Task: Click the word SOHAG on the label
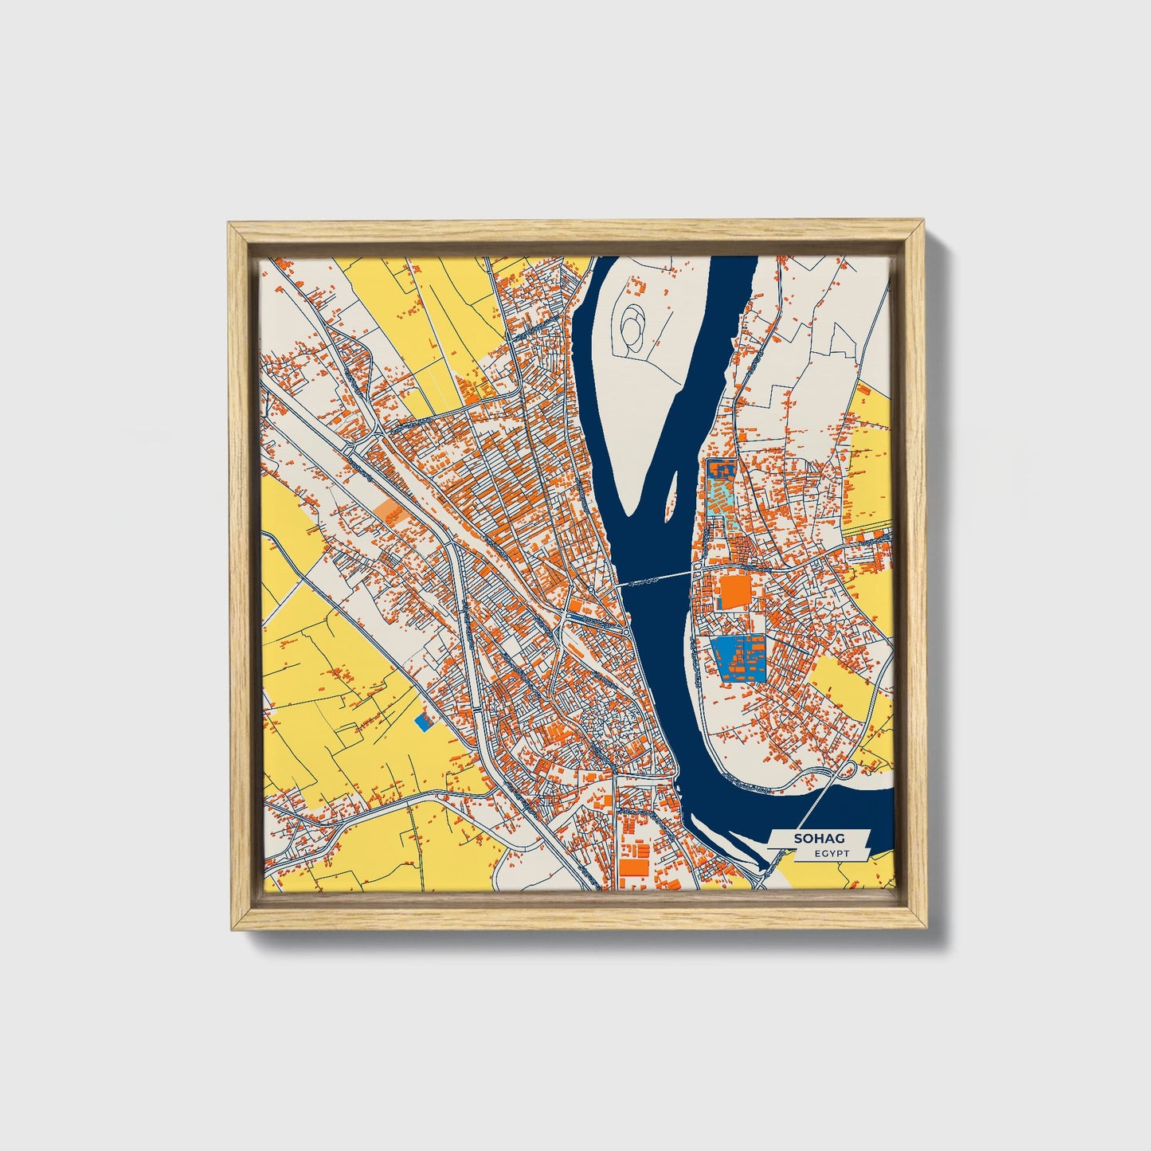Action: point(819,839)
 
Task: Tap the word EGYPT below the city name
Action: point(832,853)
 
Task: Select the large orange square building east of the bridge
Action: point(734,592)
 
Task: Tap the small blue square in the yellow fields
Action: point(425,722)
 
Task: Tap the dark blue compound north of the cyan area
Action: point(722,469)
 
